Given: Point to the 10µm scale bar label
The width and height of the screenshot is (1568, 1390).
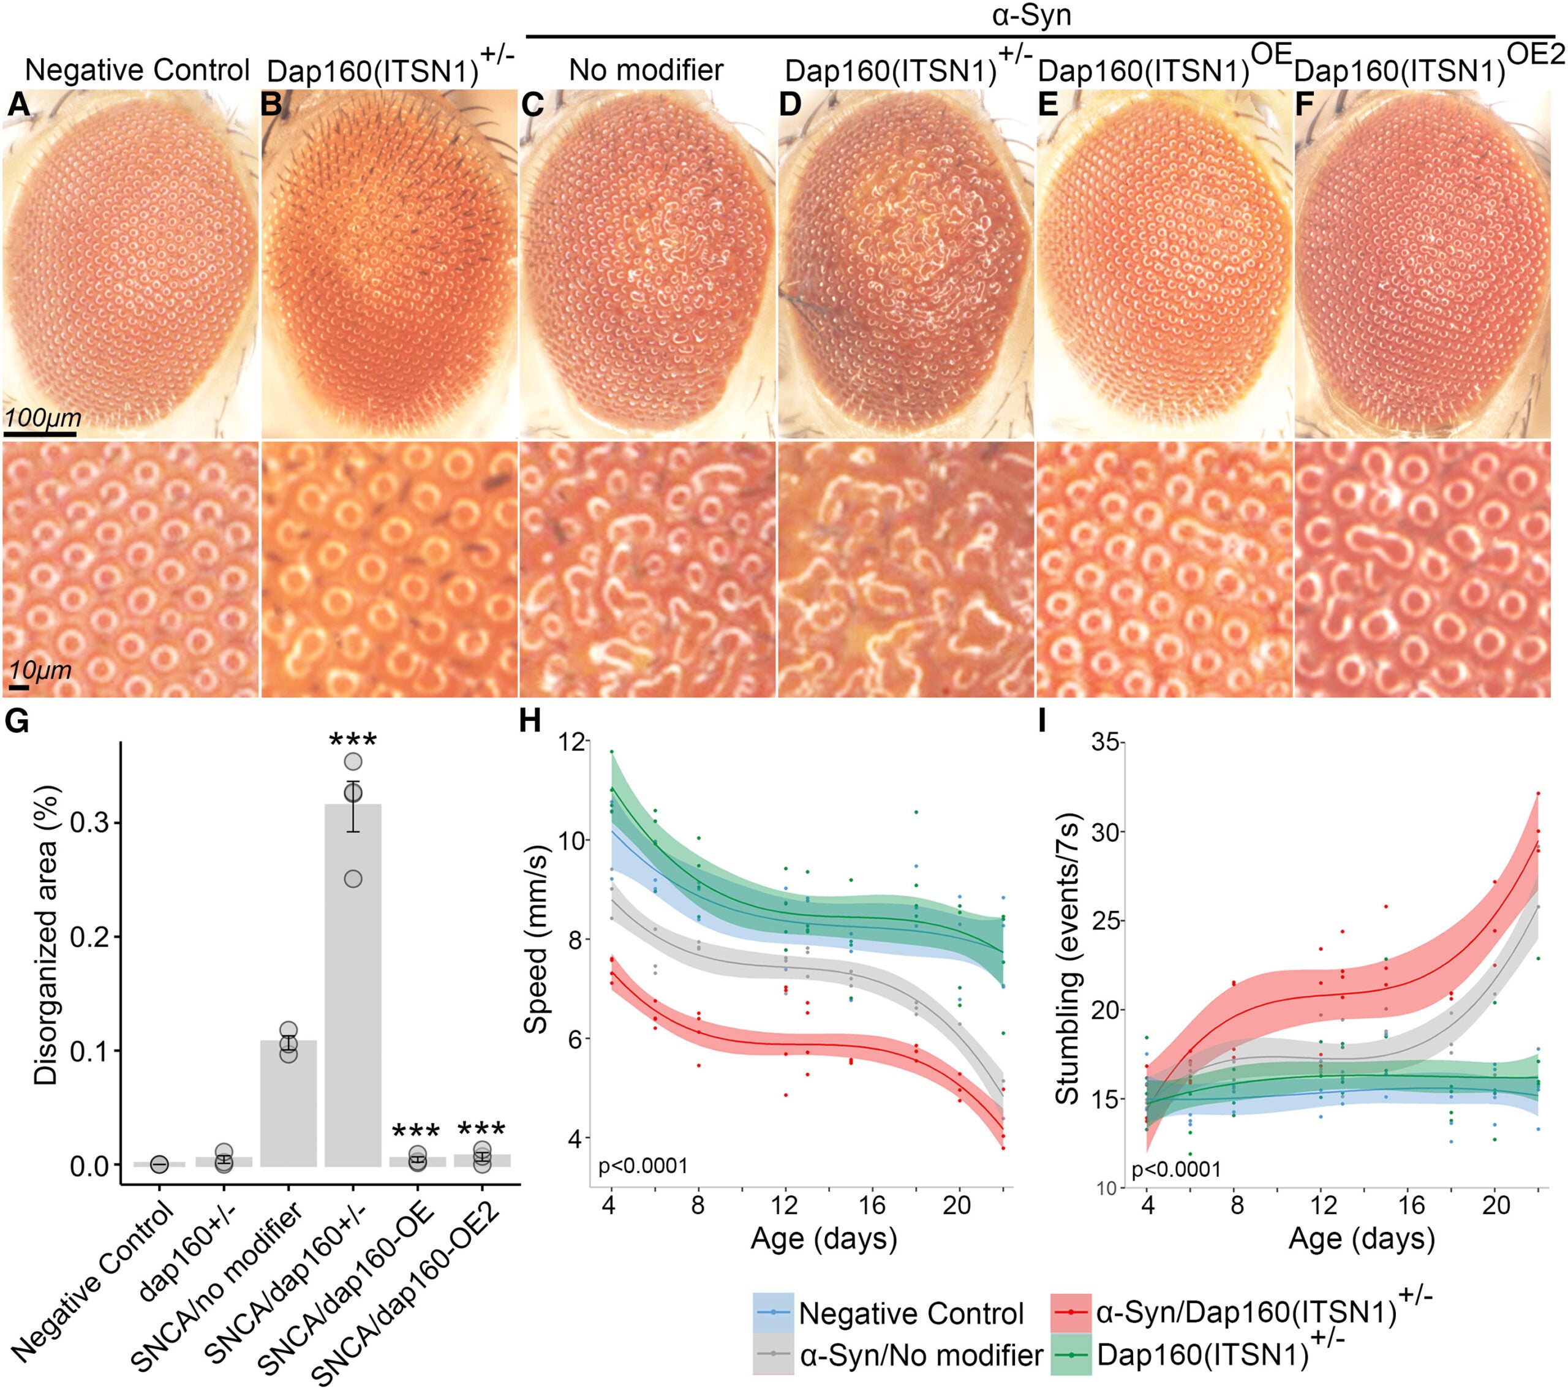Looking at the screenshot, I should click(x=40, y=670).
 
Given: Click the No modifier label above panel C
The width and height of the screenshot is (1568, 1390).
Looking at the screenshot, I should click(x=646, y=70).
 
